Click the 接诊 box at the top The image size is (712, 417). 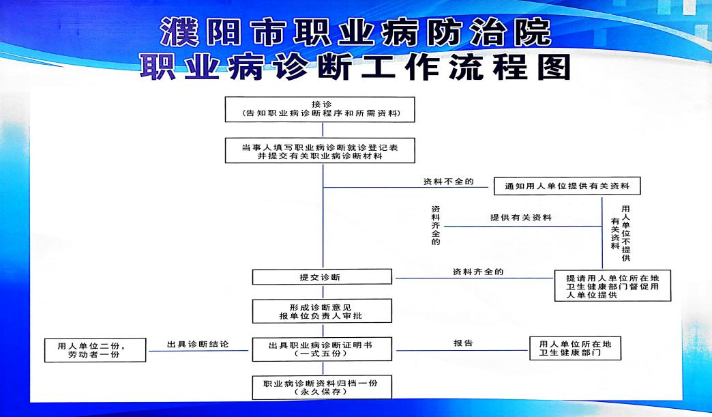coord(320,109)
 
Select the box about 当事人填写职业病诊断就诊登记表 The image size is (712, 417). coord(320,150)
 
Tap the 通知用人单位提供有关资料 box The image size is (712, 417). coord(567,186)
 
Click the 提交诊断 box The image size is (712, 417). coord(322,276)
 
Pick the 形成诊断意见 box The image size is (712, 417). coord(322,311)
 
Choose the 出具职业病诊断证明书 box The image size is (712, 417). coord(322,349)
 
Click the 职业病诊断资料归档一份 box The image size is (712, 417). coord(322,387)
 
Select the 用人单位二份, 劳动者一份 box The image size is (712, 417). coord(95,349)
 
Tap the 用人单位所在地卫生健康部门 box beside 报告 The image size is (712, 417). coord(576,348)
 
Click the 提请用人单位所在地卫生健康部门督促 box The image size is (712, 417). coord(612,286)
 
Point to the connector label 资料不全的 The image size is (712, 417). coord(449,182)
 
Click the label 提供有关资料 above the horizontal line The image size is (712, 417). coord(521,218)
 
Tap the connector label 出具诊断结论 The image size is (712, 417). coord(198,345)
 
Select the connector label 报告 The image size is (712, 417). coord(463,343)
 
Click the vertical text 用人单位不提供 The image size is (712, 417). coord(626,233)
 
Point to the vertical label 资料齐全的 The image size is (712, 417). coord(436,225)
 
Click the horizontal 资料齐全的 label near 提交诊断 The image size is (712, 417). coord(478,272)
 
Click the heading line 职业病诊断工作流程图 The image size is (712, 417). coord(355,68)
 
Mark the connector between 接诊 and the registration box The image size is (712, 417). coord(323,130)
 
